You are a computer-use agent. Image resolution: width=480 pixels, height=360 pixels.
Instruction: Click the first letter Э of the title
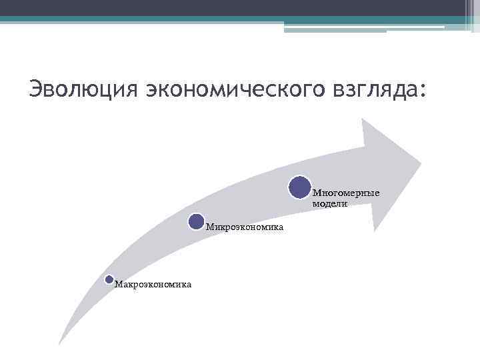pyautogui.click(x=36, y=88)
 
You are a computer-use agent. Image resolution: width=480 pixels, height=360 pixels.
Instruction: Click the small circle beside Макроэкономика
pyautogui.click(x=109, y=279)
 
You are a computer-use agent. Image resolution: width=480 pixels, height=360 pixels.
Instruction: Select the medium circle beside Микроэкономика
pyautogui.click(x=196, y=222)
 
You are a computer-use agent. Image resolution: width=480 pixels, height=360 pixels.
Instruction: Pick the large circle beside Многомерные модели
pyautogui.click(x=300, y=187)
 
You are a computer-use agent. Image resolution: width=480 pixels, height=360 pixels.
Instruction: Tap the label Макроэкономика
pyautogui.click(x=153, y=285)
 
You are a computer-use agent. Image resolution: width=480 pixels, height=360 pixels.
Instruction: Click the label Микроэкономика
pyautogui.click(x=245, y=227)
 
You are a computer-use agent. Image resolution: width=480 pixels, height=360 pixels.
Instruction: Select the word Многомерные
pyautogui.click(x=346, y=193)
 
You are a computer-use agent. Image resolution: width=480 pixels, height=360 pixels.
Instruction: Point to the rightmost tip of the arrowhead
pyautogui.click(x=421, y=162)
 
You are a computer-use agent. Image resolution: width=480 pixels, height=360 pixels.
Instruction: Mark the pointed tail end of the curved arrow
pyautogui.click(x=60, y=343)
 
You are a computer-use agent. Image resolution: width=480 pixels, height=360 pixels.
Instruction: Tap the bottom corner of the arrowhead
pyautogui.click(x=375, y=231)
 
